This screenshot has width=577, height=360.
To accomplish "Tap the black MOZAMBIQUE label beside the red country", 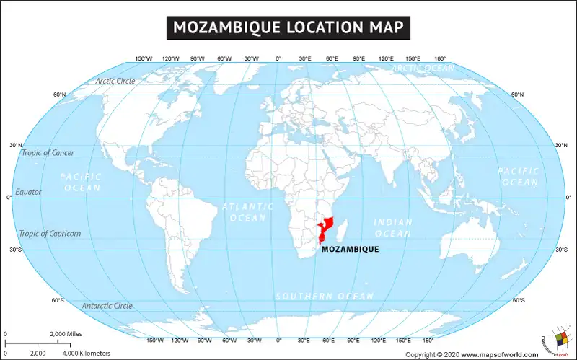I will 350,249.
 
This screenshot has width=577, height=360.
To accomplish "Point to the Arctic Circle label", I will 115,81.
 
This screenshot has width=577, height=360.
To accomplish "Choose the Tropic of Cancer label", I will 47,152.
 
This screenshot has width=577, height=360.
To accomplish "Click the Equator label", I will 29,192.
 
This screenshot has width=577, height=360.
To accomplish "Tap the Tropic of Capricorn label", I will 50,233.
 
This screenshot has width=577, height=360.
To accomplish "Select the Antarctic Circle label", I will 107,306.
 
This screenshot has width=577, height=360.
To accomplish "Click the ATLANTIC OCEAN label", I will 248,211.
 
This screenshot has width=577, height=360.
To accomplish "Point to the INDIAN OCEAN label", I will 393,228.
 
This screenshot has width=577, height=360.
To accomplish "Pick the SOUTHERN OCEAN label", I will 325,297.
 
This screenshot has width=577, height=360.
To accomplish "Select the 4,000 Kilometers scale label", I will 87,353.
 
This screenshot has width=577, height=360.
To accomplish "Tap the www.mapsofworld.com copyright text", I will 499,354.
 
